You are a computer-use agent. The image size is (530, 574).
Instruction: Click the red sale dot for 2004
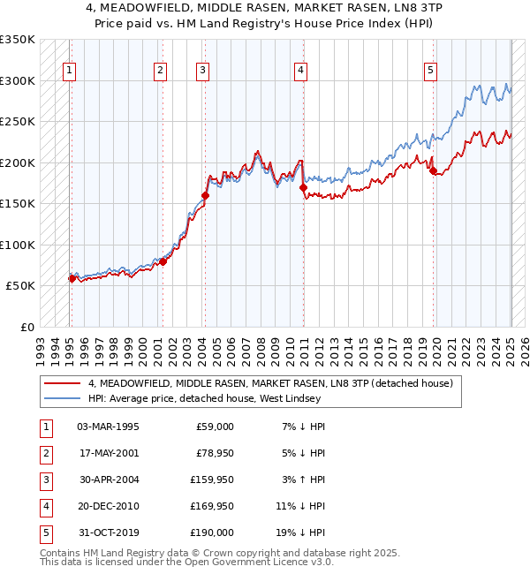[205, 195]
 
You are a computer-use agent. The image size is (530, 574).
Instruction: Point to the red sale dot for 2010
[303, 187]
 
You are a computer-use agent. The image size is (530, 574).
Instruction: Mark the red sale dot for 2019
[434, 170]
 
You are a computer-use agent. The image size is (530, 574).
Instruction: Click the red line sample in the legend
[62, 383]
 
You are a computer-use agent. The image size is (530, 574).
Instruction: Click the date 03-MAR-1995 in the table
[109, 427]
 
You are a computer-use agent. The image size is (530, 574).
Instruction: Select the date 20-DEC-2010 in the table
[109, 506]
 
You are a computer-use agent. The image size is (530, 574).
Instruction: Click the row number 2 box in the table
[45, 453]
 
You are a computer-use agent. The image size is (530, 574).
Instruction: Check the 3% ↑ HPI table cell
[302, 480]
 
